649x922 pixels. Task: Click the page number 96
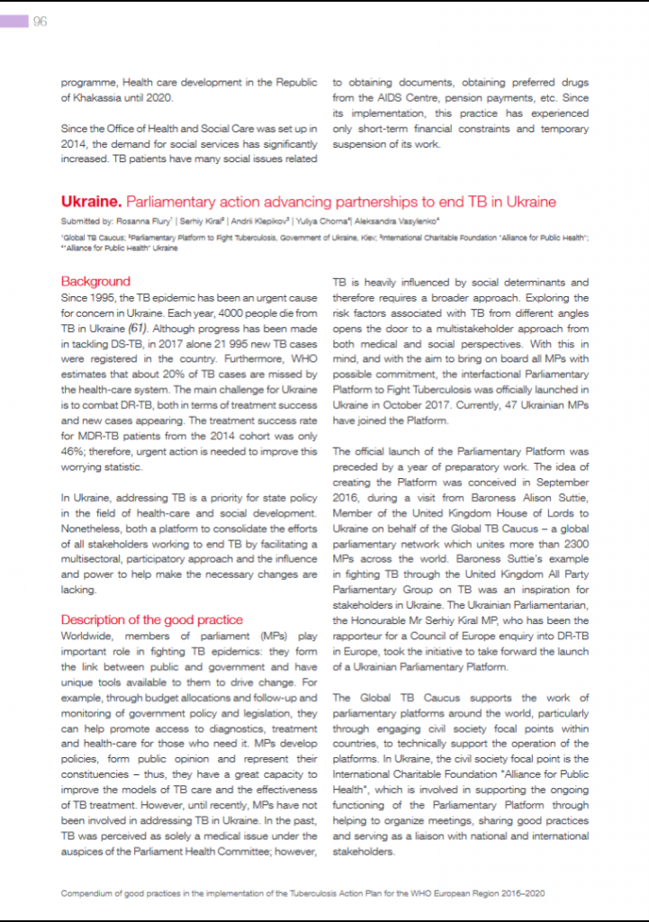tap(41, 22)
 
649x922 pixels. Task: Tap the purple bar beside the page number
tap(14, 22)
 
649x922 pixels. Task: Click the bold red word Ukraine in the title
tap(90, 202)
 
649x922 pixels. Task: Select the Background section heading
tap(95, 282)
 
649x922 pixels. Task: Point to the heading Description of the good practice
tap(151, 619)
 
